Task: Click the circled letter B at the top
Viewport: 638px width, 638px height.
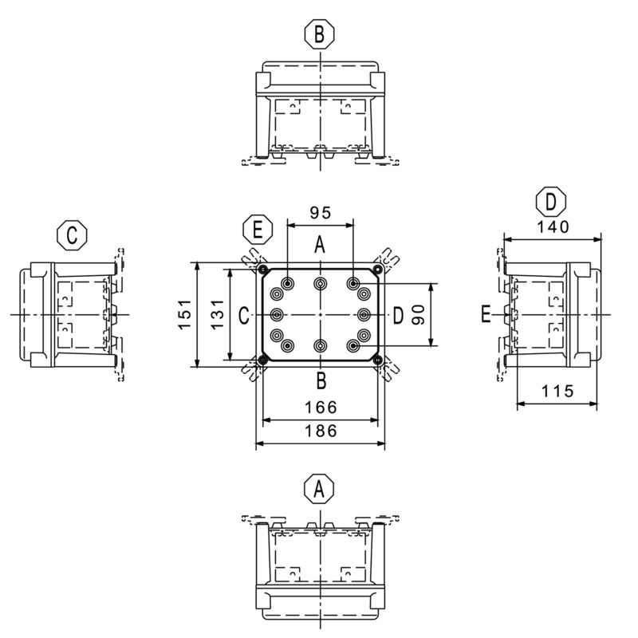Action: pos(319,34)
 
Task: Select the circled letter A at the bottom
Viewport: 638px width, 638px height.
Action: pos(319,488)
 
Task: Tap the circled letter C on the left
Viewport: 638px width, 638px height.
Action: pos(72,235)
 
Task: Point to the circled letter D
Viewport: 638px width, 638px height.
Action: pos(551,201)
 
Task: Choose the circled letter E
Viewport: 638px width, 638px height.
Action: pos(257,230)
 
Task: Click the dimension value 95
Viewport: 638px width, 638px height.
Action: pos(319,213)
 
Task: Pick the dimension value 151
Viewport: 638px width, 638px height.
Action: pos(185,315)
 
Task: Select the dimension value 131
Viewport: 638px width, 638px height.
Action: pos(217,315)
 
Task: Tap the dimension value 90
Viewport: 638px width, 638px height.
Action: pos(418,315)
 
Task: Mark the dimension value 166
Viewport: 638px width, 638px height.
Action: pos(319,408)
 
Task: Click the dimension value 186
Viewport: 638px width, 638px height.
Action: pos(319,431)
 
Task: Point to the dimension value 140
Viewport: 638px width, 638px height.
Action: pos(552,226)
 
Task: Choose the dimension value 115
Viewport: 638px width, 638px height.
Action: pos(557,392)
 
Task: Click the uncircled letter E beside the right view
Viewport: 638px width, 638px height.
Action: pos(486,315)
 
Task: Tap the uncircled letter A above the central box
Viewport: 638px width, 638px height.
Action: pos(319,246)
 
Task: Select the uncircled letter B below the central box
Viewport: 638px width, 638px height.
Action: pos(319,379)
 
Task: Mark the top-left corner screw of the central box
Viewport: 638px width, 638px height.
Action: pos(264,270)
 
